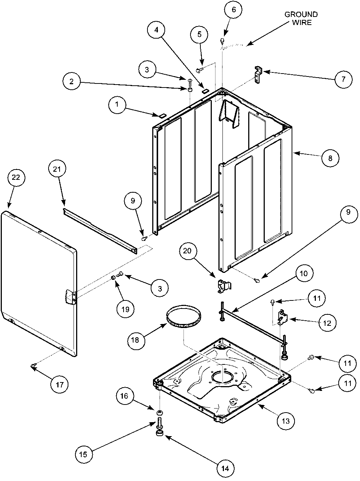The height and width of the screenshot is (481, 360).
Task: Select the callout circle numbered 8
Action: [330, 158]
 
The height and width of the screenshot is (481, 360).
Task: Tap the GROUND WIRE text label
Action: [301, 18]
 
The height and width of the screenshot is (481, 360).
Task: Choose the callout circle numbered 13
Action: [286, 421]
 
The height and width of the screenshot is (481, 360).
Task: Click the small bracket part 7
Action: [257, 72]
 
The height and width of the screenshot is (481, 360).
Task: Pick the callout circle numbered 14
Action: [225, 468]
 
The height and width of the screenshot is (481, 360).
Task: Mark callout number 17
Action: [60, 385]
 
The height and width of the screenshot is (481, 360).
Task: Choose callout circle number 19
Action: [125, 309]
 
